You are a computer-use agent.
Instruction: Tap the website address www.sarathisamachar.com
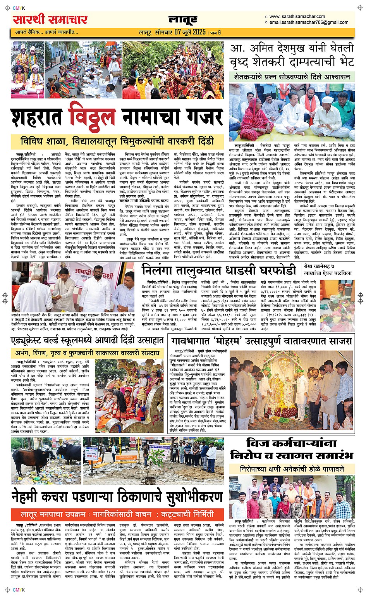297,16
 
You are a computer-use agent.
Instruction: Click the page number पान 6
215,32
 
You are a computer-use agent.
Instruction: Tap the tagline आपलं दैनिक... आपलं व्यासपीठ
46,32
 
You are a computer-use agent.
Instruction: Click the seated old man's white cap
328,100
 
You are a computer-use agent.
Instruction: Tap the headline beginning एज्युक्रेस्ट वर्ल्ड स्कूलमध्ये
87,341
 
